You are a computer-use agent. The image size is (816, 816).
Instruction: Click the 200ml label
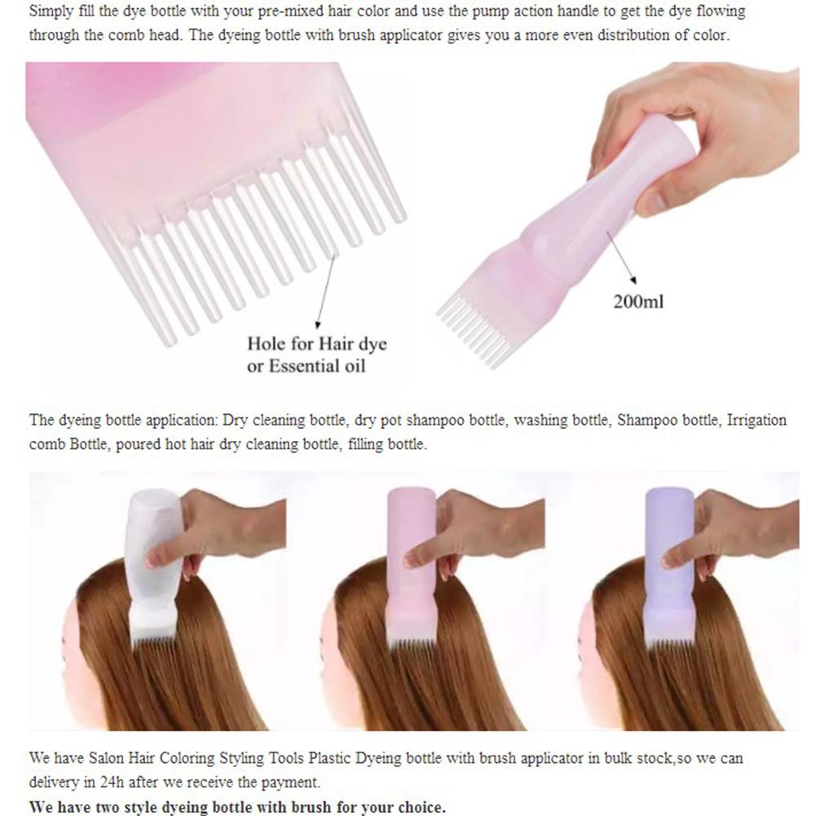(638, 302)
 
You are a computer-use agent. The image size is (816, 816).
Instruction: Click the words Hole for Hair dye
(317, 344)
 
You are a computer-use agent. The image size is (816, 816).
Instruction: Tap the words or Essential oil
(307, 366)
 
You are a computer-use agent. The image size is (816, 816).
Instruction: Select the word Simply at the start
(50, 13)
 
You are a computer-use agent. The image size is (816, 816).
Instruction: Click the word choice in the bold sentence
(417, 808)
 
